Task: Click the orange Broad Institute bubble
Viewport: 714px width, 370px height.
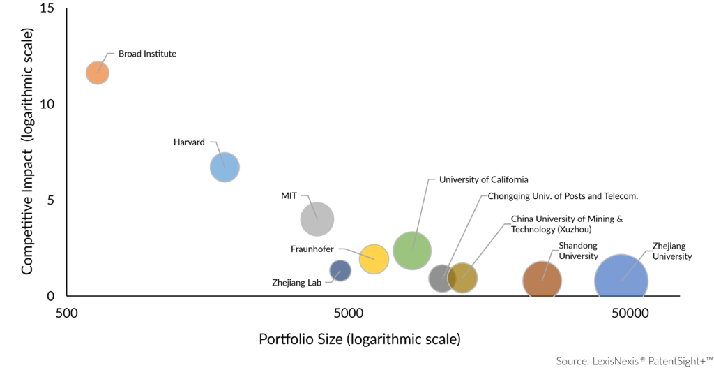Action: tap(98, 73)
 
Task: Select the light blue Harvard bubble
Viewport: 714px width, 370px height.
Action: tap(225, 168)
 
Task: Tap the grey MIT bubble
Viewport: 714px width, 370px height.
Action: tap(317, 219)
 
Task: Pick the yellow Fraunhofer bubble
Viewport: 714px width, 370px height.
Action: tap(374, 259)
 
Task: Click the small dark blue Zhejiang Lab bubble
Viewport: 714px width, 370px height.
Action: tap(340, 270)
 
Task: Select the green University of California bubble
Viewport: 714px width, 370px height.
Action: tap(412, 250)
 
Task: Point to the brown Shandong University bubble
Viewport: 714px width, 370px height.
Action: tap(542, 281)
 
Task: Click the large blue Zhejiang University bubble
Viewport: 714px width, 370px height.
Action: tap(621, 281)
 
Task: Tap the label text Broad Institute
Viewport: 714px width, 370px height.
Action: tap(147, 54)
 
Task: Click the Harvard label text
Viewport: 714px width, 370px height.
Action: tap(189, 142)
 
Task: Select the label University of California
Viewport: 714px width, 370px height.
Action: tap(483, 179)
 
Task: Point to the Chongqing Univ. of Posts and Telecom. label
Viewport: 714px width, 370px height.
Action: tap(563, 196)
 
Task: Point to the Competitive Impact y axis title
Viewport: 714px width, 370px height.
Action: tap(28, 151)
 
